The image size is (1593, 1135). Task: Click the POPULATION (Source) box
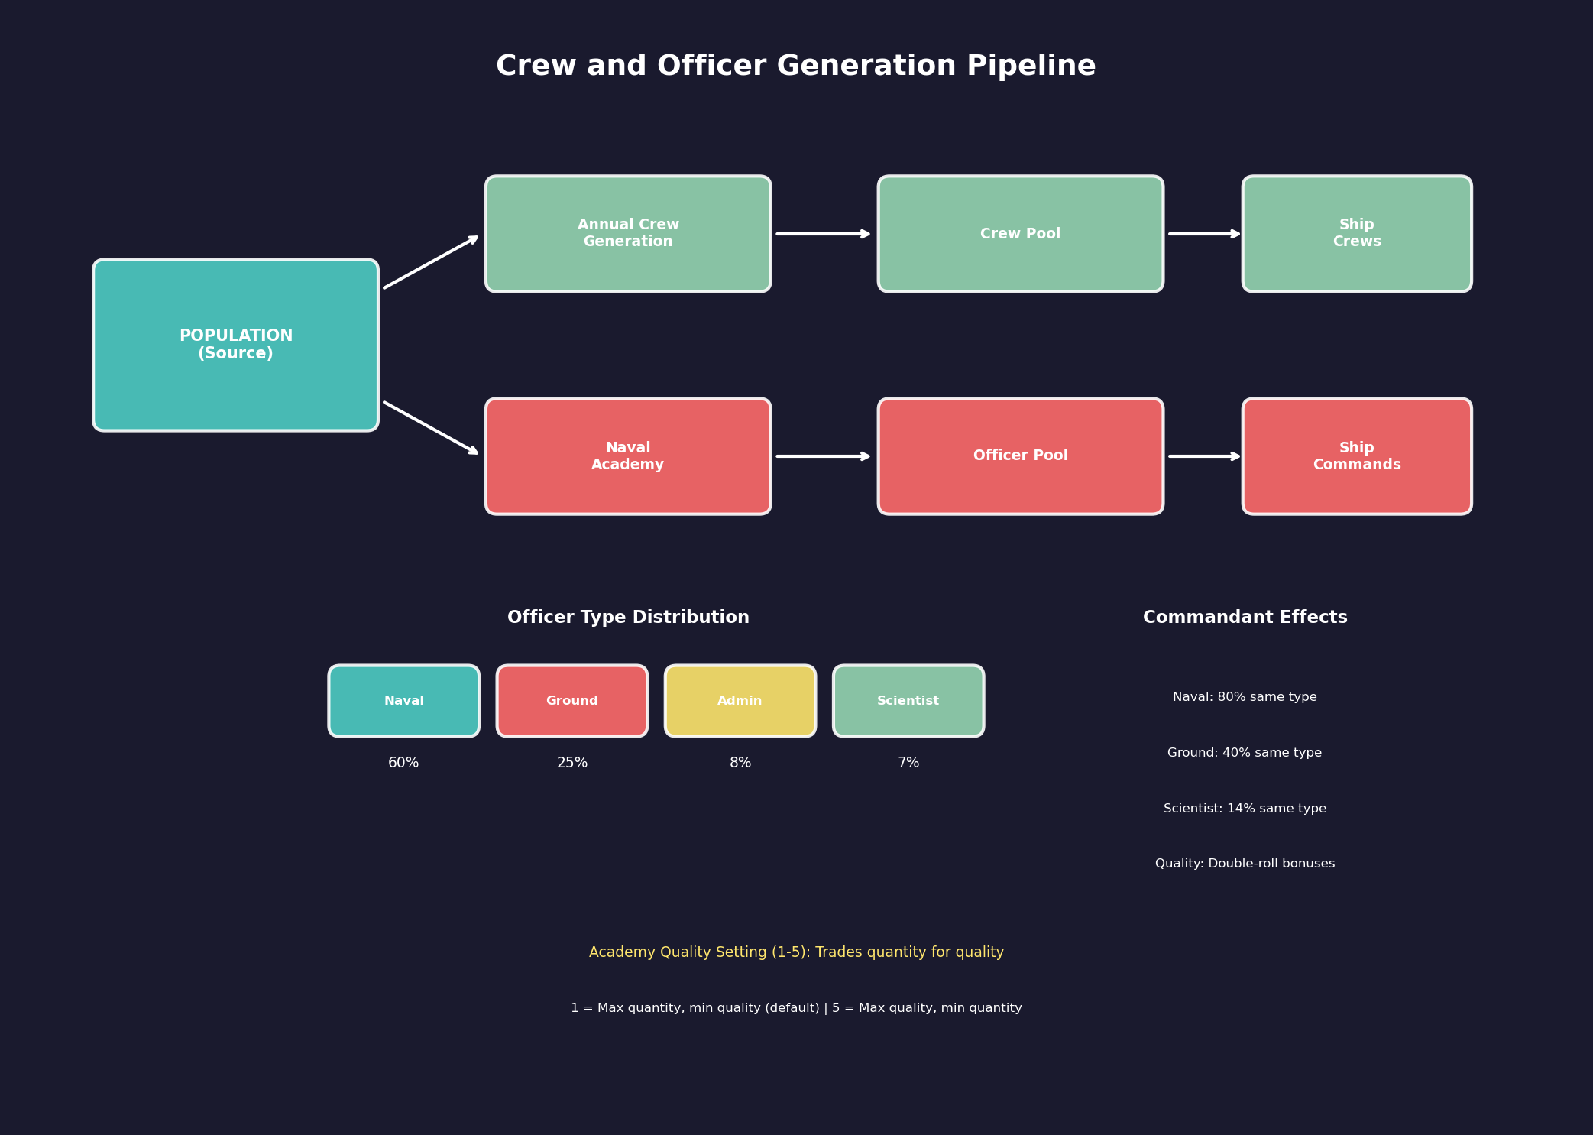tap(235, 345)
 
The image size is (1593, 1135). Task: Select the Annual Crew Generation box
tap(628, 234)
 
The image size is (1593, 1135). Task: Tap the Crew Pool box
tap(1020, 234)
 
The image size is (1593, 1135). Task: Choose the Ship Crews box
tap(1356, 234)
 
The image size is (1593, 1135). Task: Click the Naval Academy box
tap(628, 456)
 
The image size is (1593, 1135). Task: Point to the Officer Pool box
tap(1020, 456)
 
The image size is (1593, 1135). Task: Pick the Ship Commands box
tap(1356, 456)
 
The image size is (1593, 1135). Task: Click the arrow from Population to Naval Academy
tap(430, 427)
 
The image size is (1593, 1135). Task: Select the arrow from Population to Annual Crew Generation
tap(430, 263)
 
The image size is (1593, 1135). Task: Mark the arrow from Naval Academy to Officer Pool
tap(823, 456)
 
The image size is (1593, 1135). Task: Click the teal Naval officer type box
tap(403, 701)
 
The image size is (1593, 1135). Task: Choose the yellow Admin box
tap(740, 701)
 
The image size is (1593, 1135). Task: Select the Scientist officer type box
tap(908, 701)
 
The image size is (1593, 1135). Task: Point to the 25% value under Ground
tap(572, 763)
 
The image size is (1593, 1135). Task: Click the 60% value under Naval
tap(403, 763)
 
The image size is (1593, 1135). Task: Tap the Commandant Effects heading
tap(1245, 618)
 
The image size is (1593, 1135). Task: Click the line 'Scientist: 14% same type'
tap(1245, 809)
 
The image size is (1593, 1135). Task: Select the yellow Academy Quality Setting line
tap(796, 952)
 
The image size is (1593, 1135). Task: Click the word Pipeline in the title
tap(1031, 66)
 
